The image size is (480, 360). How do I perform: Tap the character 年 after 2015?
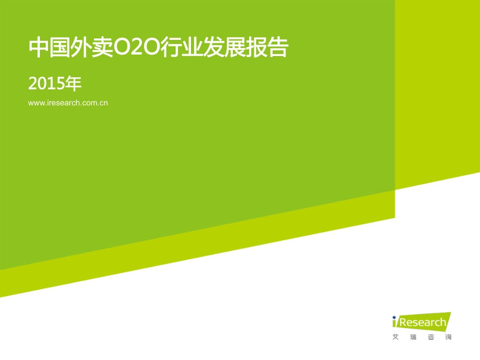[x=74, y=84]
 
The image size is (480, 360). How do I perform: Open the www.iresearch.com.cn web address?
[x=68, y=103]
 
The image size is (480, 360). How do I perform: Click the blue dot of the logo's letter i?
[x=395, y=317]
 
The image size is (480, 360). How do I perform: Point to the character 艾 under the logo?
[x=395, y=337]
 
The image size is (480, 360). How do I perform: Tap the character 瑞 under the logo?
[x=413, y=337]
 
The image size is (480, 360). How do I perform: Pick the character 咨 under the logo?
[x=430, y=337]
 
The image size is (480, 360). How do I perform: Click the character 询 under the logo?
[x=448, y=337]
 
